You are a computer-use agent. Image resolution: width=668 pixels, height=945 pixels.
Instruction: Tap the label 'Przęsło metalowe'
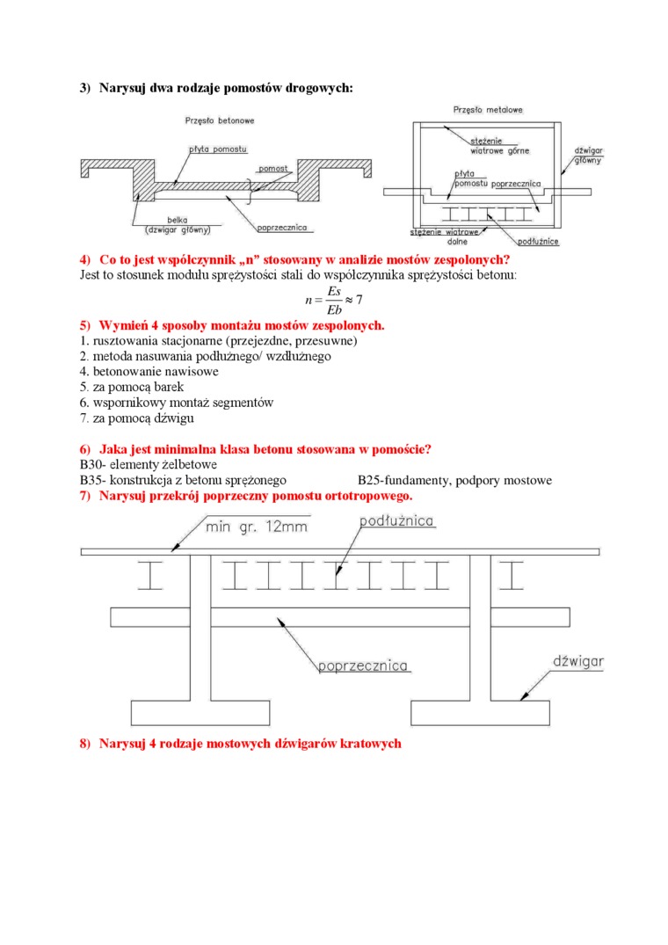(x=489, y=110)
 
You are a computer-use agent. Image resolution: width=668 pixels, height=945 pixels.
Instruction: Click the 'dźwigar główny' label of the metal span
(x=587, y=156)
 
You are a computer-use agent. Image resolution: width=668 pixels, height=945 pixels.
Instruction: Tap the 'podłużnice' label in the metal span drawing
(x=540, y=240)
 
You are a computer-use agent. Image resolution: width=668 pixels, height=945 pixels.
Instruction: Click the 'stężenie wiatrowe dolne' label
(x=445, y=236)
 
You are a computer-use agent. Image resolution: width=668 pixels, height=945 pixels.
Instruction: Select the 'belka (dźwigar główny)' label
(x=178, y=226)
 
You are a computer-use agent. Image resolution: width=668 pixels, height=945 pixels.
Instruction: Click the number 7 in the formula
(x=359, y=300)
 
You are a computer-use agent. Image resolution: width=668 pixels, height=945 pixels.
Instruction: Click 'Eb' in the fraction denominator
(x=333, y=309)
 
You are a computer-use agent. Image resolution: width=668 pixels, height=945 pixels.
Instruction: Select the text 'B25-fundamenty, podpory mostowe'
(x=454, y=481)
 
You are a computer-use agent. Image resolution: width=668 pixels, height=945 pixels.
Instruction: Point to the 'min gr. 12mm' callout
(x=257, y=527)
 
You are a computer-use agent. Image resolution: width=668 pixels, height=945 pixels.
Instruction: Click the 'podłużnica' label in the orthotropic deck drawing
(x=397, y=521)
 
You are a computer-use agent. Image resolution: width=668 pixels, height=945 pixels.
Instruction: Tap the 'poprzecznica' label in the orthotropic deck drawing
(x=363, y=665)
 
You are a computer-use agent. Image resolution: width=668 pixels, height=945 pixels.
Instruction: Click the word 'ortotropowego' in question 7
(x=365, y=497)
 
